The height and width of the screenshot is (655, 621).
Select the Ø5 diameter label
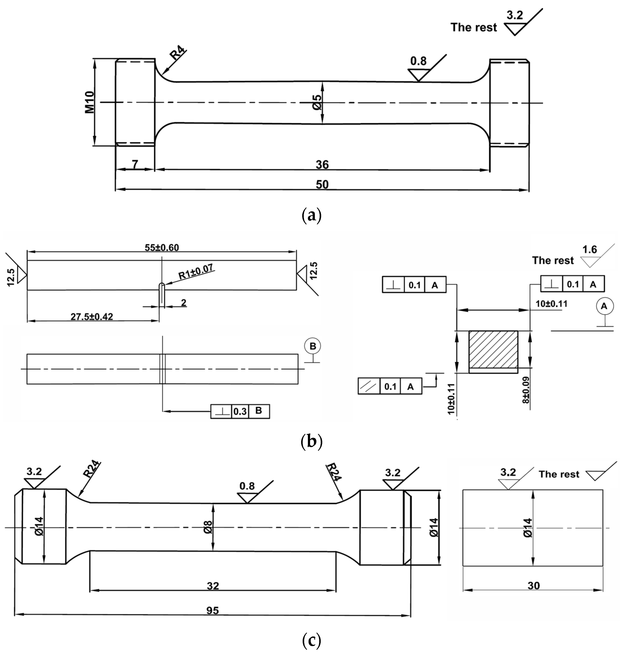317,102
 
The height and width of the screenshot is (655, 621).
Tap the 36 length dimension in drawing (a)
322,165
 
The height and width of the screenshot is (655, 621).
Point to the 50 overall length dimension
322,184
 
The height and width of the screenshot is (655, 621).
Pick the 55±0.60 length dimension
162,248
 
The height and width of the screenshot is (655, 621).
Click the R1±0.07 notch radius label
196,272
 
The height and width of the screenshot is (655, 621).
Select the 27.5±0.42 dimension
92,317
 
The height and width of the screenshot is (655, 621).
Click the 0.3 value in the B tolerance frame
240,411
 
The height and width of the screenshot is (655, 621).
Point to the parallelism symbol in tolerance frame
369,386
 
